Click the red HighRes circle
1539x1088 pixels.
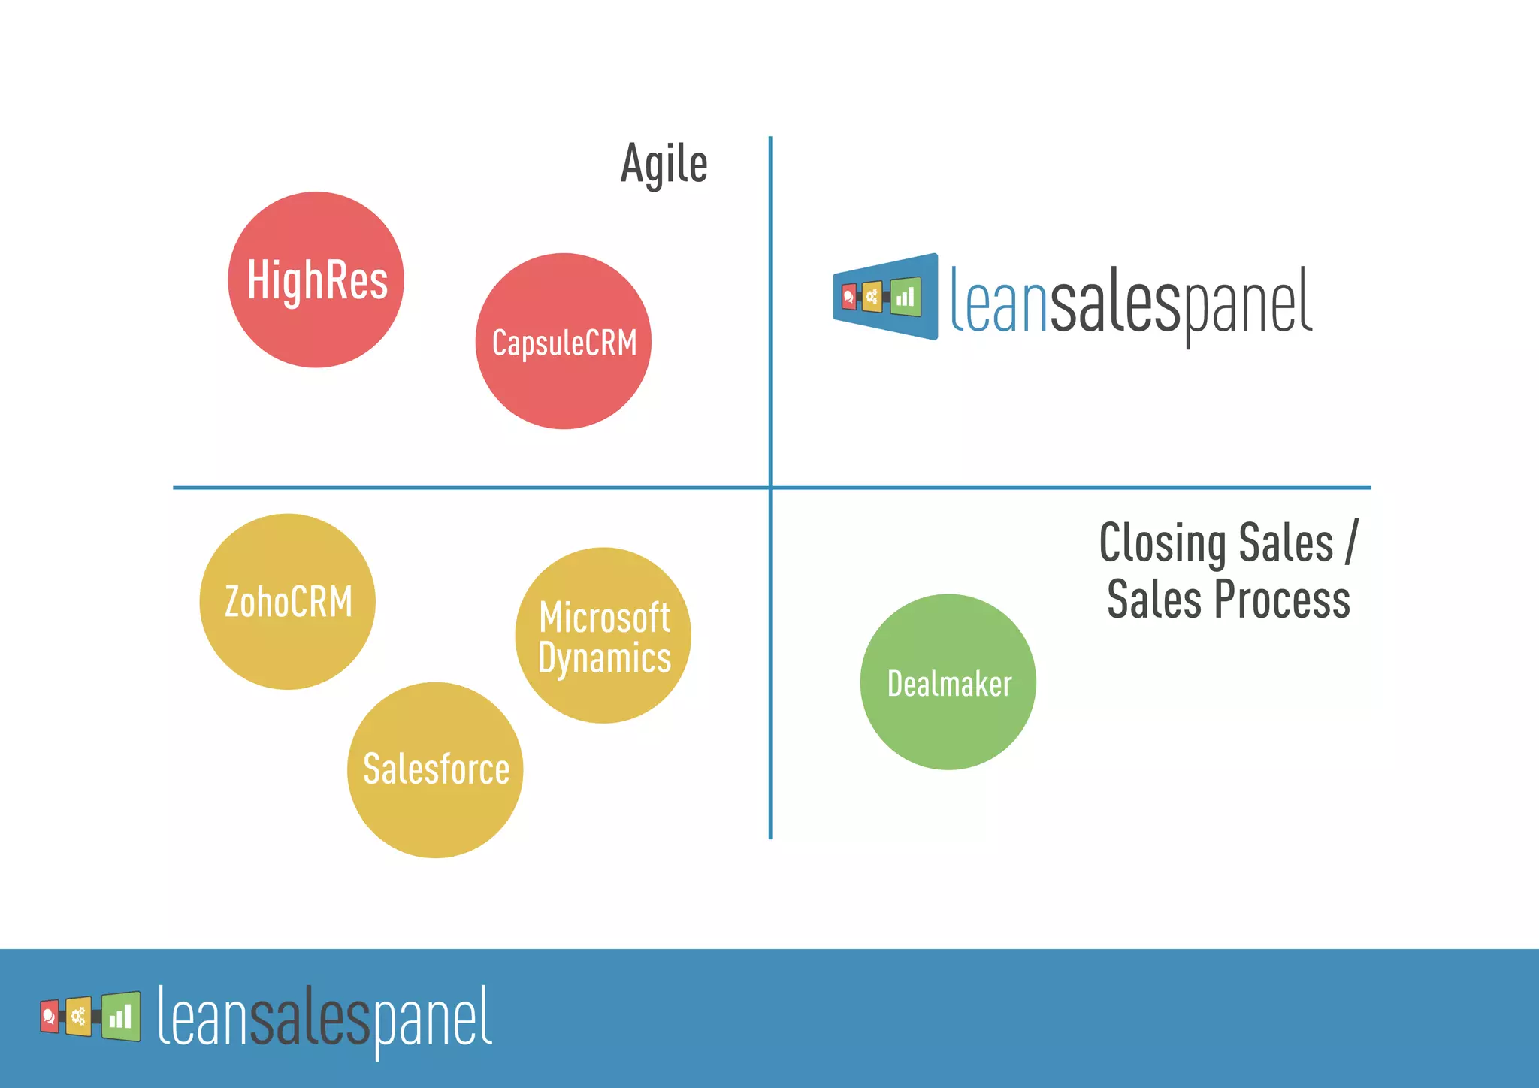tap(316, 280)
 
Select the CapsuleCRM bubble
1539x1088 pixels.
tap(564, 342)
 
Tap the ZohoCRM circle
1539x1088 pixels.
tap(288, 602)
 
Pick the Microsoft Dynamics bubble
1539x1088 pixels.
tap(603, 636)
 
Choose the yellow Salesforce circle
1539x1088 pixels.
tap(435, 770)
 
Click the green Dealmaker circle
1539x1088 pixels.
tap(948, 682)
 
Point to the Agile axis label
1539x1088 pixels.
tap(664, 164)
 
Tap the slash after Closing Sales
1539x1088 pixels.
tap(1352, 542)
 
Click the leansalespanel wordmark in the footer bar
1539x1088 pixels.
tap(325, 1017)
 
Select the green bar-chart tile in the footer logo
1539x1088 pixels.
tap(121, 1017)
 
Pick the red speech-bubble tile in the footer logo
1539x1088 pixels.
tap(50, 1017)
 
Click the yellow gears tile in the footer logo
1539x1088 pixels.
tap(78, 1017)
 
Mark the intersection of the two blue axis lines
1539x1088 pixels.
tap(770, 488)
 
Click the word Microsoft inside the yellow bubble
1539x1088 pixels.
tap(604, 618)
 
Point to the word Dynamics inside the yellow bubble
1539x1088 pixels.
tap(604, 658)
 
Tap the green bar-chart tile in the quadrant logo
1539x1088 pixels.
tap(906, 297)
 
